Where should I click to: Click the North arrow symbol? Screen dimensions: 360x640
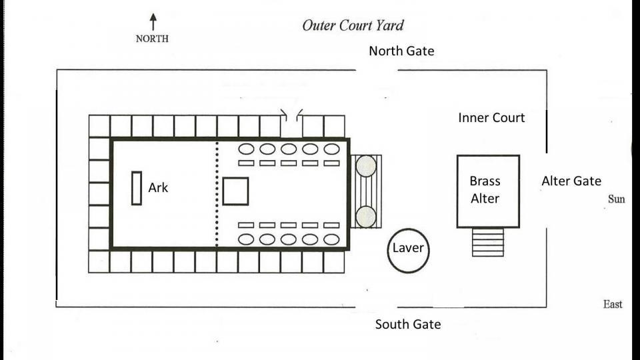pos(153,21)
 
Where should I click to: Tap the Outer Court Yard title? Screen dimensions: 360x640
pos(353,26)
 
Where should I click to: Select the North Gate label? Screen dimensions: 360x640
pos(401,51)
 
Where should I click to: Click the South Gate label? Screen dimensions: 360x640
pos(407,325)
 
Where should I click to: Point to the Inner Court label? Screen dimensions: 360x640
pos(491,118)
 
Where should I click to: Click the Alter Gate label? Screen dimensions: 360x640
pos(571,181)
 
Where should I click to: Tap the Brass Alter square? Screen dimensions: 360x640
pos(488,191)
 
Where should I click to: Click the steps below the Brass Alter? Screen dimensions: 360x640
pos(488,243)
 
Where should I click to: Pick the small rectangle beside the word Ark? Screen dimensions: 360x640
pos(137,188)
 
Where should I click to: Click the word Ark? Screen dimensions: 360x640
pos(158,188)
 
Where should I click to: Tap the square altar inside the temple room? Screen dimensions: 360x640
pos(235,191)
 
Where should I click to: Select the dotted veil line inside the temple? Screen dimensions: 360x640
pos(217,193)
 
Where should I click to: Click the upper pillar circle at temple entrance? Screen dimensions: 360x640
pos(365,167)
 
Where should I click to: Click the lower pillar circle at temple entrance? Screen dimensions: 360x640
pos(365,217)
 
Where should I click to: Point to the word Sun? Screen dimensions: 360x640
pos(617,199)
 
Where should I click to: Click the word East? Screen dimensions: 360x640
pos(613,305)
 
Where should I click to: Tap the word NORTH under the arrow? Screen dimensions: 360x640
pos(152,39)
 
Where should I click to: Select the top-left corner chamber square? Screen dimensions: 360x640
pos(99,126)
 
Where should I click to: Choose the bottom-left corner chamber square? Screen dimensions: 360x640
pos(99,261)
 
